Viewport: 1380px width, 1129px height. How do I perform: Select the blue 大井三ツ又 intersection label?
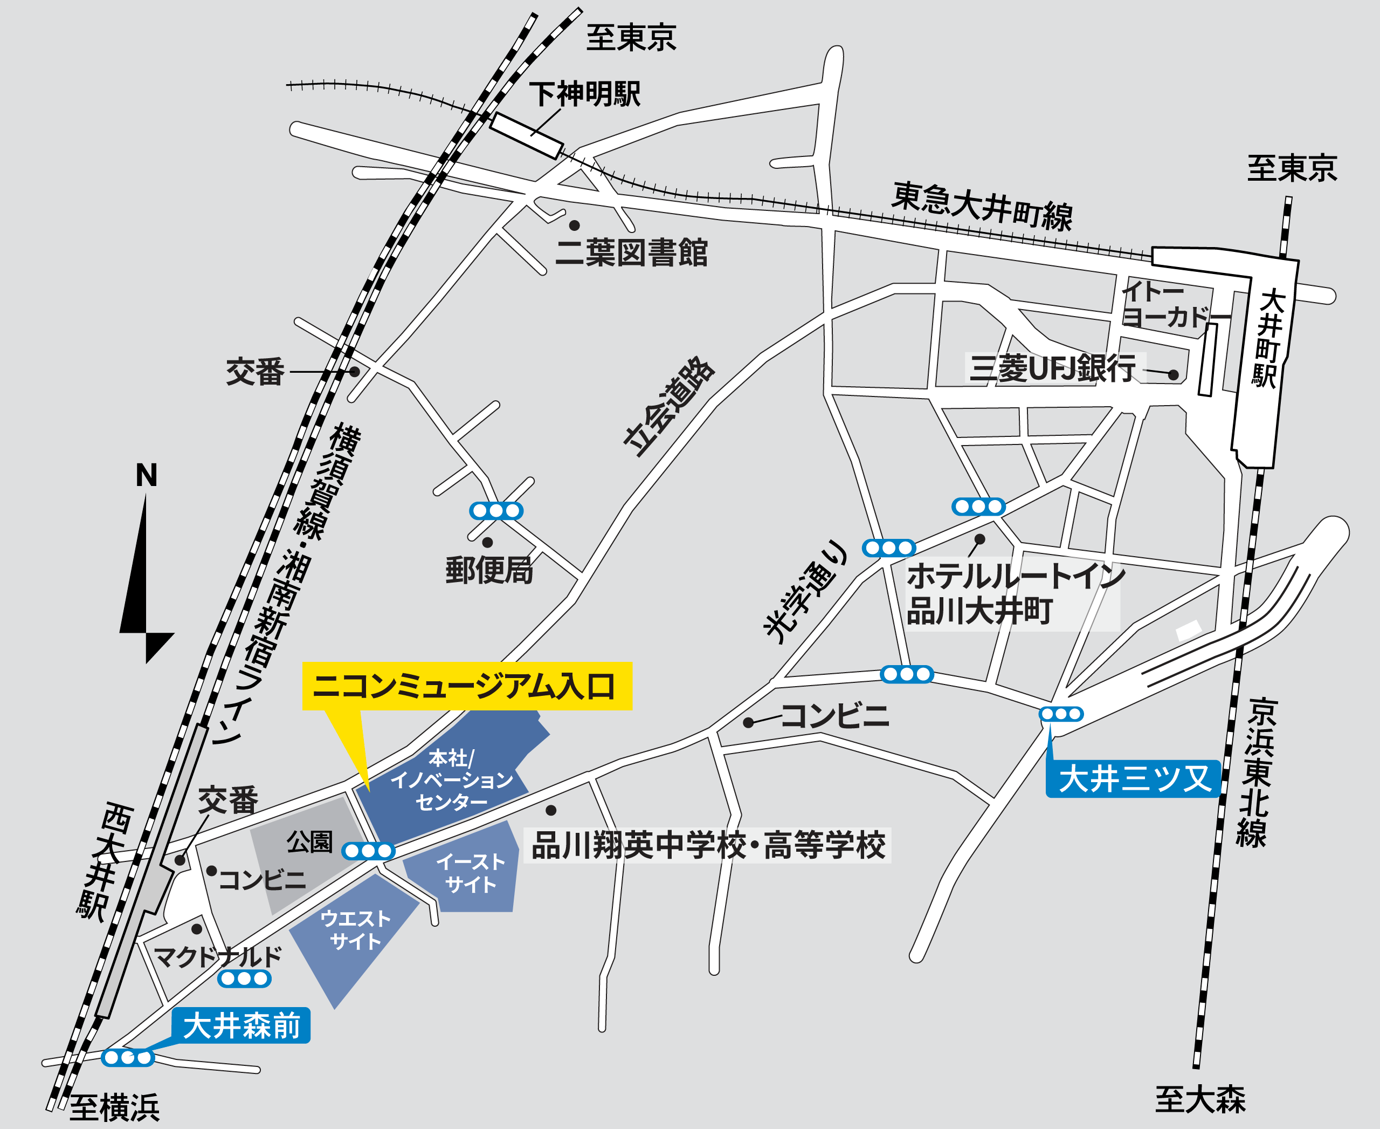1133,778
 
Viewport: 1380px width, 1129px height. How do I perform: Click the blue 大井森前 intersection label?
241,1025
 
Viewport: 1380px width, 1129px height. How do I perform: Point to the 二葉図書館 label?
631,253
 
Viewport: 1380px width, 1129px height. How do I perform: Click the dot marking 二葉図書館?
575,225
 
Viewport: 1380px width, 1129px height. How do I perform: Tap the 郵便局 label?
489,570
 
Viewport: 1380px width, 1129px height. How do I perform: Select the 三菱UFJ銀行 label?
1053,368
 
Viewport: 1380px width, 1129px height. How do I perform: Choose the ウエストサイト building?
355,930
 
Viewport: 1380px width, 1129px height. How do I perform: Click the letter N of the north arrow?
146,475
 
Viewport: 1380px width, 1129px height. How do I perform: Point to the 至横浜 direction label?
114,1108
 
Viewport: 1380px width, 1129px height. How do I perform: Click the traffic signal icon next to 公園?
368,851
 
